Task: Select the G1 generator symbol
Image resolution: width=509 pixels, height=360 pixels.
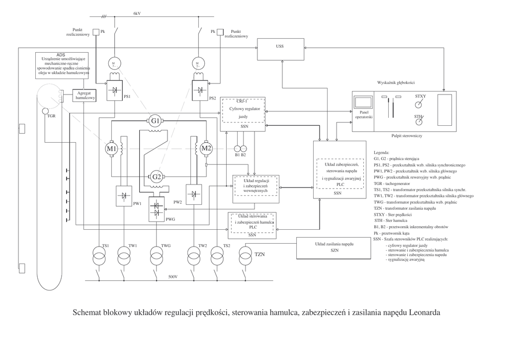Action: [156, 121]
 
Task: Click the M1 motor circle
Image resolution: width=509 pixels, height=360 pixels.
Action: [111, 148]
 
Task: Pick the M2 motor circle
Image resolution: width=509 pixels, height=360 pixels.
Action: [206, 148]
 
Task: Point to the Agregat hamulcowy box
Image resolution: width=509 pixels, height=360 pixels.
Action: [85, 95]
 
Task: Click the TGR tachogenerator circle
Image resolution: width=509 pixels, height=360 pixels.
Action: [46, 111]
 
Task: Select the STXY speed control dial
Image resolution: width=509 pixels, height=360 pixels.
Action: [420, 104]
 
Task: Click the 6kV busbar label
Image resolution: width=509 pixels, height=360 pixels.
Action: [137, 13]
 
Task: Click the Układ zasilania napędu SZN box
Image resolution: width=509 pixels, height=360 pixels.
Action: [334, 248]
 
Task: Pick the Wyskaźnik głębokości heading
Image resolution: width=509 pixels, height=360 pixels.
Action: [396, 82]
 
